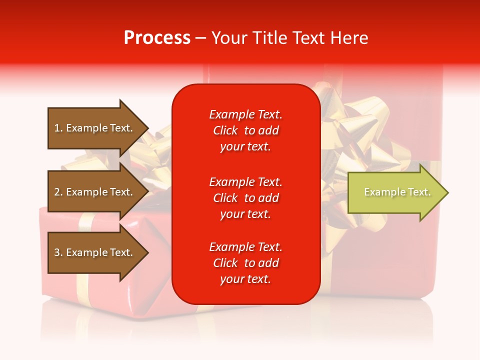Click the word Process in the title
[x=157, y=38]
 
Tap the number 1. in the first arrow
[x=58, y=128]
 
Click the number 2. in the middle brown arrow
[x=58, y=192]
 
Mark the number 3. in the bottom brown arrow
[x=58, y=252]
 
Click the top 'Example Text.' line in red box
[x=245, y=114]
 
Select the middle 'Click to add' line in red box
[x=245, y=198]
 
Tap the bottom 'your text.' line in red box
[x=245, y=279]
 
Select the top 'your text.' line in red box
[x=245, y=146]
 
